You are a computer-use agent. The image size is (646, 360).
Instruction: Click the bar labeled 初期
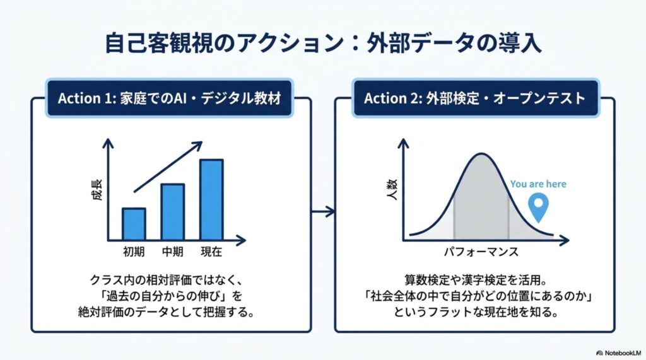click(134, 224)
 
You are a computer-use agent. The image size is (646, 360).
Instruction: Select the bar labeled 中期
click(173, 212)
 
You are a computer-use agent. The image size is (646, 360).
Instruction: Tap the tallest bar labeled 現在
click(211, 200)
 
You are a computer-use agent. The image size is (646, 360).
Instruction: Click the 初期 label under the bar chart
click(134, 252)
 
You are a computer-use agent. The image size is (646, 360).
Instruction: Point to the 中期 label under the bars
click(173, 252)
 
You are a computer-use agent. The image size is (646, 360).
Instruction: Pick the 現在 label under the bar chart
click(211, 252)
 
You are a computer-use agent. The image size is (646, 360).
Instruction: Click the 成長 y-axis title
click(97, 190)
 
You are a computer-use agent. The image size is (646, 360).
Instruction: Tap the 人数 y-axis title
click(392, 190)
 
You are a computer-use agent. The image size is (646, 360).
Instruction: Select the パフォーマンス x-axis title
click(481, 252)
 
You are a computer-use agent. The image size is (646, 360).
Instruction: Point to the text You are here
click(538, 184)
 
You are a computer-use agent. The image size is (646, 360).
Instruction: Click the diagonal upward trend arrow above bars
click(168, 167)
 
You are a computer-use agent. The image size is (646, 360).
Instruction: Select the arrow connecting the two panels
click(323, 212)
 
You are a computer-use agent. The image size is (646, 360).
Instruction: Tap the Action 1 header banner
click(169, 98)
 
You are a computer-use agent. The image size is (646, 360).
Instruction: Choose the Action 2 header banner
click(475, 98)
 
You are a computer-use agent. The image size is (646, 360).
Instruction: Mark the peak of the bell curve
click(481, 154)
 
